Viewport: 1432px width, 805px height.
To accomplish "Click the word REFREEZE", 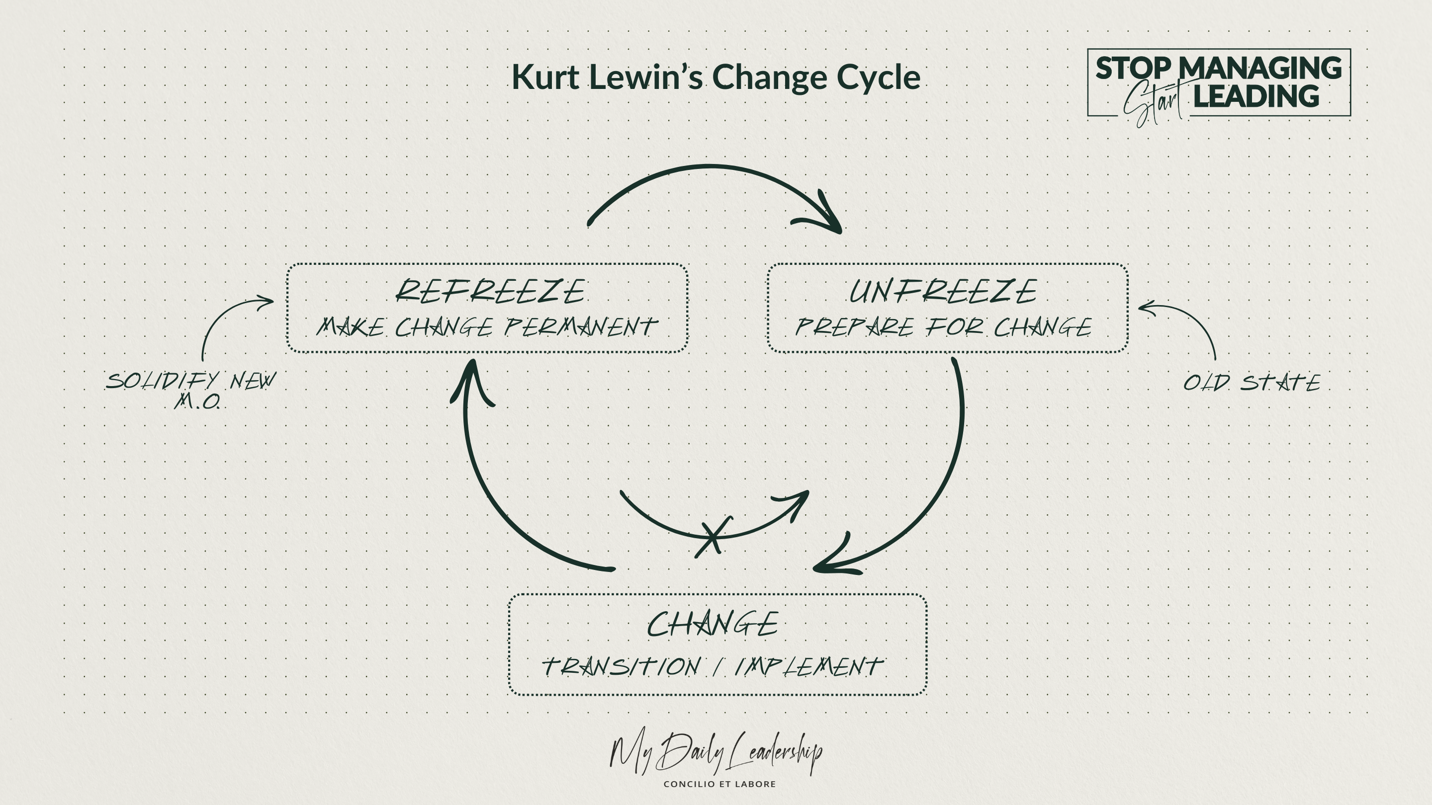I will pos(490,291).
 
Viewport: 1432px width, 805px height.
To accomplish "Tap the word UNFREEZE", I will pos(943,291).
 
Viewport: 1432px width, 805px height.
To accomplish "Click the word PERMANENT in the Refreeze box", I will pos(581,327).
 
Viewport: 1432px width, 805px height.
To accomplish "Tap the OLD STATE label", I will pos(1252,383).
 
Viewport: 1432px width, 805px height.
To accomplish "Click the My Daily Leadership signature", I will pos(716,753).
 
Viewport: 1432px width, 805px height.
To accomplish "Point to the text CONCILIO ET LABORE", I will pos(719,784).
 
